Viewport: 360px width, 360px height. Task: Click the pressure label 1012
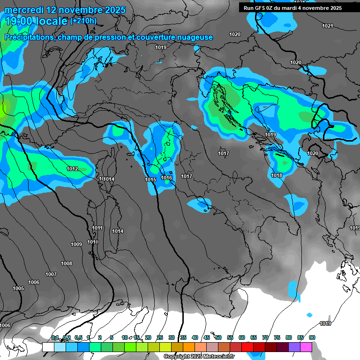tap(72, 169)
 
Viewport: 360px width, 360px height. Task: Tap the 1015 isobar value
tap(150, 180)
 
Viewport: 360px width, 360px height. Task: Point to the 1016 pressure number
tap(166, 178)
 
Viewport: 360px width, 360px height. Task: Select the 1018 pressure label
tap(277, 175)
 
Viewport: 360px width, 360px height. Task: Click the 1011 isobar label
tap(97, 228)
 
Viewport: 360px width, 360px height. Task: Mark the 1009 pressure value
tap(76, 244)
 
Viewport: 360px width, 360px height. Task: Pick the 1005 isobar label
tap(18, 288)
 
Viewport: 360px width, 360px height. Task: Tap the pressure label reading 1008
tap(67, 263)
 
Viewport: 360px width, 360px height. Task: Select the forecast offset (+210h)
tap(83, 21)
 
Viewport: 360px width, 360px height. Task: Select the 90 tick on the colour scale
tap(312, 337)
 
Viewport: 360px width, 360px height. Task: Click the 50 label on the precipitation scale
tap(218, 337)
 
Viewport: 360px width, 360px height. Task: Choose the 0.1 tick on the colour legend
tap(55, 337)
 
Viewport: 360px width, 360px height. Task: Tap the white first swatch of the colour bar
tap(48, 347)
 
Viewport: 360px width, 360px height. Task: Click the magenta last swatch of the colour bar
tap(306, 347)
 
